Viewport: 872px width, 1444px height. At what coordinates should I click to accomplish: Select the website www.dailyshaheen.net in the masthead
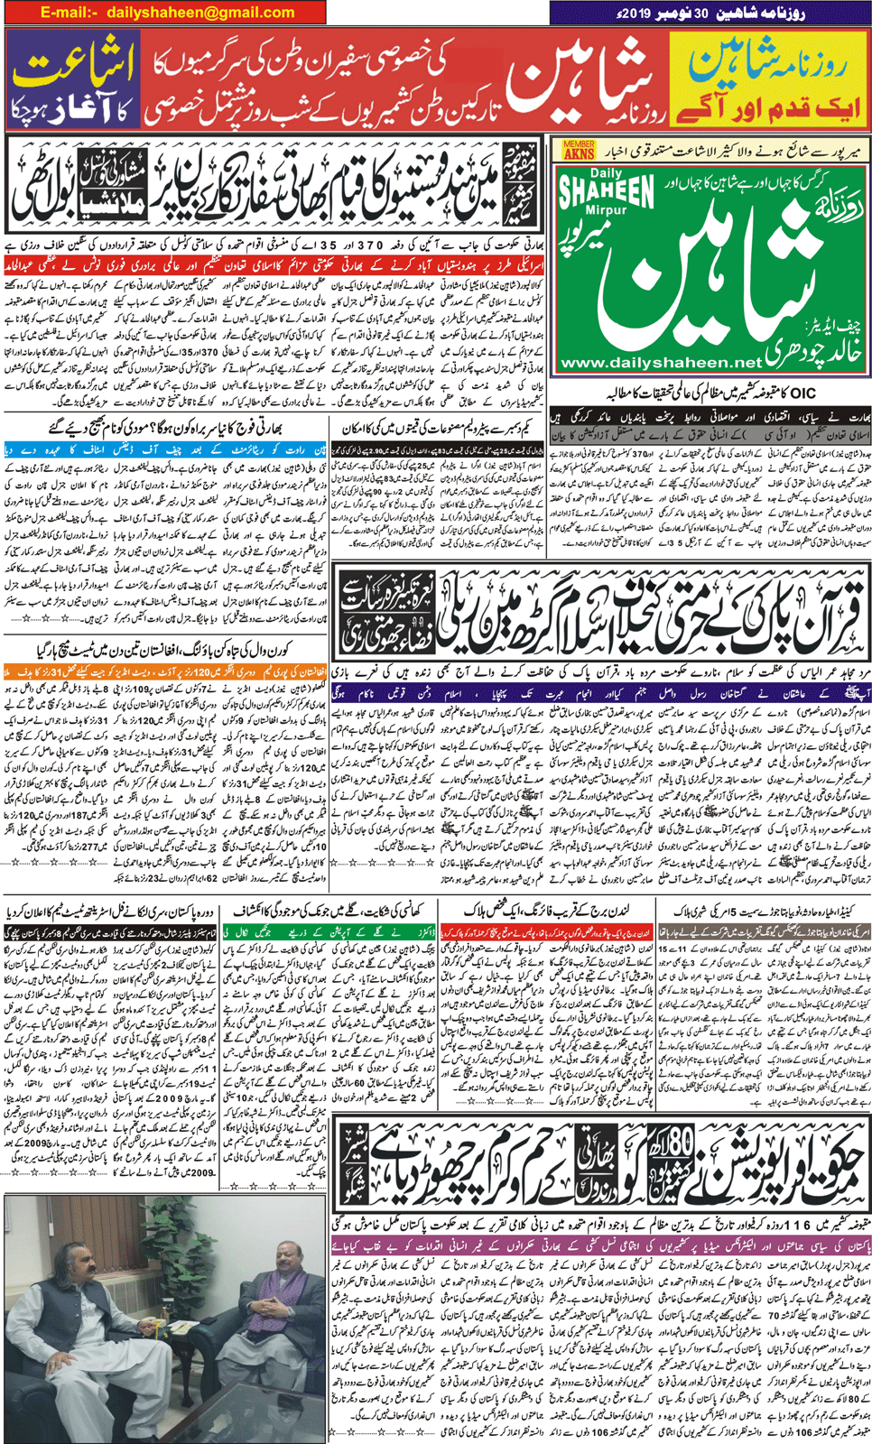point(661,363)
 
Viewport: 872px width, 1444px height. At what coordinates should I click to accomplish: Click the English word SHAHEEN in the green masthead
point(606,193)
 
